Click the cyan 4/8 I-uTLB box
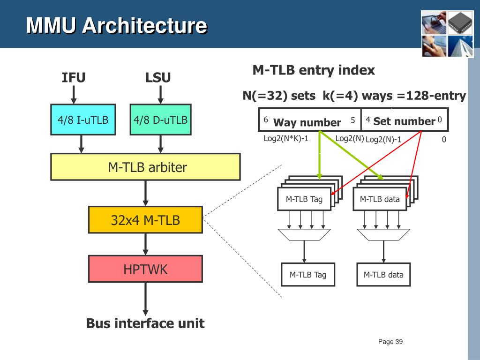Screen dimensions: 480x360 (83, 120)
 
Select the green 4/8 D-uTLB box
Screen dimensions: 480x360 (161, 120)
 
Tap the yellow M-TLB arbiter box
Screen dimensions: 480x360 (145, 167)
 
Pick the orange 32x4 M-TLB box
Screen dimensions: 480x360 (145, 220)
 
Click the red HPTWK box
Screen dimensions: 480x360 (145, 269)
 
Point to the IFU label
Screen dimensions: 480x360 (74, 77)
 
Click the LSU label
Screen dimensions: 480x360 (158, 77)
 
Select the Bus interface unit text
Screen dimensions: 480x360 (145, 323)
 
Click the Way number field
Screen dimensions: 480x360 (310, 120)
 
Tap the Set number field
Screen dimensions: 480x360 (405, 120)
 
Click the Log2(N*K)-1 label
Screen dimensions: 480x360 (286, 139)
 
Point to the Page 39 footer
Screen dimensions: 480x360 (390, 342)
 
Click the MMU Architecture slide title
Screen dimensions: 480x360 (116, 25)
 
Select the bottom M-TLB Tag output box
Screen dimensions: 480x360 (308, 275)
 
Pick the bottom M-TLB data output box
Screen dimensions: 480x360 (383, 275)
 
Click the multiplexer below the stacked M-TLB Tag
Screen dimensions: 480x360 (304, 235)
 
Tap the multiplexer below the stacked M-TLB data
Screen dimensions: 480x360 (383, 235)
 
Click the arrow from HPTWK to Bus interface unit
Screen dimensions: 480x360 (145, 299)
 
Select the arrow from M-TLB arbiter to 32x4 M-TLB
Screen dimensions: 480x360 (145, 193)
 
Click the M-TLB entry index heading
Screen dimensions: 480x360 (314, 70)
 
